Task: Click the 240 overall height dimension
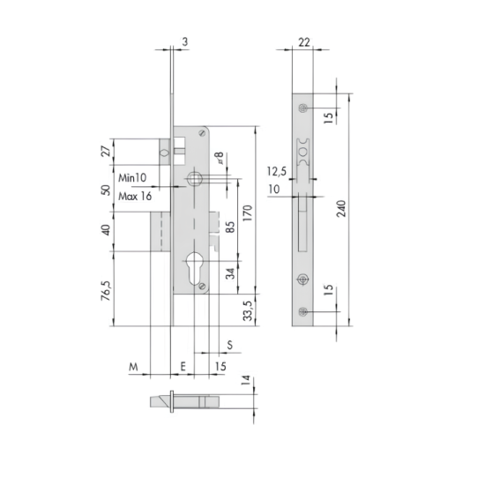pyautogui.click(x=341, y=208)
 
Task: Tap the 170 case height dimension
pyautogui.click(x=248, y=213)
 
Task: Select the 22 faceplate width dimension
pyautogui.click(x=303, y=42)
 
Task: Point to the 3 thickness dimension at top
pyautogui.click(x=185, y=41)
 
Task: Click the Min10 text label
pyautogui.click(x=132, y=178)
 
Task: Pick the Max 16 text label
pyautogui.click(x=135, y=196)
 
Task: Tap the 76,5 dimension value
pyautogui.click(x=106, y=291)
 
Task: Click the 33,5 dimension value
pyautogui.click(x=248, y=310)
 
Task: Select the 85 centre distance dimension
pyautogui.click(x=230, y=227)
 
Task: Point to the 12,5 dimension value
pyautogui.click(x=277, y=171)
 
